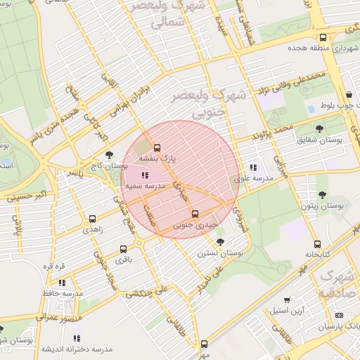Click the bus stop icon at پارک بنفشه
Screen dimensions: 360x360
click(157, 148)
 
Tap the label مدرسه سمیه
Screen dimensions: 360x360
click(145, 187)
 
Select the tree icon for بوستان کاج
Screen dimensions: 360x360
click(108, 155)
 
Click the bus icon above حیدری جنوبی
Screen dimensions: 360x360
click(195, 214)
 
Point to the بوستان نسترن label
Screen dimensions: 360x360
click(219, 252)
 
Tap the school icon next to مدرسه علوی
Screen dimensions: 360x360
click(252, 167)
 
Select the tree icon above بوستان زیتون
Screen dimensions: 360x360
click(321, 195)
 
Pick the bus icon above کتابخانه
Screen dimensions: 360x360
click(317, 244)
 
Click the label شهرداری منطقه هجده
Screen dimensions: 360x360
click(320, 50)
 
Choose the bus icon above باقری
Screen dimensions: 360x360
click(123, 249)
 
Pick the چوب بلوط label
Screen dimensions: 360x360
click(337, 105)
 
